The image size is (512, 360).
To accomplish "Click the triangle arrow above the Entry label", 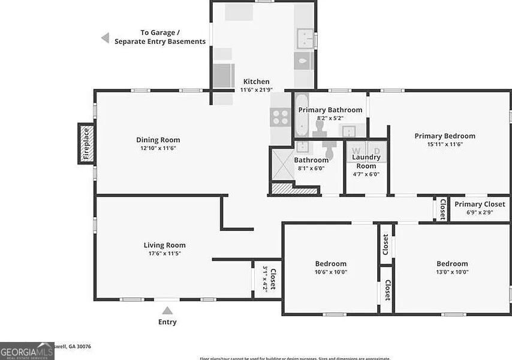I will click(167, 310).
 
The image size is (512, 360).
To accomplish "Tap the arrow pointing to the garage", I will click(105, 38).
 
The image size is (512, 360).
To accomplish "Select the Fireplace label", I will click(86, 143).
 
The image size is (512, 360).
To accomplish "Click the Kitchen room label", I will click(256, 82).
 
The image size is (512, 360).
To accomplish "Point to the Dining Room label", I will click(158, 140).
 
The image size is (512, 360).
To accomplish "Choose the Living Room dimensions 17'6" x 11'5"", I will click(164, 253).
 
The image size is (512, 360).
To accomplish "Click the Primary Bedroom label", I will click(444, 136).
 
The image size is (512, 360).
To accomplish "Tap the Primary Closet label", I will click(480, 204).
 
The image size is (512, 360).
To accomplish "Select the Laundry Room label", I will click(366, 161).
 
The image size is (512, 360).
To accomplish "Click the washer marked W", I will click(357, 151).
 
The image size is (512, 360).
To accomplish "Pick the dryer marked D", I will click(377, 151).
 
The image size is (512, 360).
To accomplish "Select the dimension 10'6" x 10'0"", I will click(331, 272).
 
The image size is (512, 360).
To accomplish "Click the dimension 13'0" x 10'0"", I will click(452, 272).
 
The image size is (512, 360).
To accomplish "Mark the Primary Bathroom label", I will click(330, 110).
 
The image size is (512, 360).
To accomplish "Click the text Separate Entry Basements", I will click(160, 41).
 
